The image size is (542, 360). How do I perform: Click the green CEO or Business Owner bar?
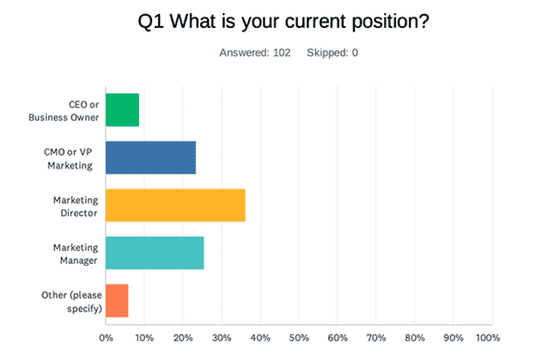point(122,110)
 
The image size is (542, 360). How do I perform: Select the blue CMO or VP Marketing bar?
point(150,157)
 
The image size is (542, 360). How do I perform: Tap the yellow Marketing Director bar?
point(176,205)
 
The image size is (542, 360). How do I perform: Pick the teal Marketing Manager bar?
point(155,253)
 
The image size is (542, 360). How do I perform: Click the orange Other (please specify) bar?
point(117,301)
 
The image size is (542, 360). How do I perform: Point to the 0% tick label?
point(106,338)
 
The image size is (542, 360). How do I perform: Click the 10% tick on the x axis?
point(144,338)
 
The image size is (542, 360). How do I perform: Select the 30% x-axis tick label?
point(221,338)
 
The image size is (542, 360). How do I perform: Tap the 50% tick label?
point(299,338)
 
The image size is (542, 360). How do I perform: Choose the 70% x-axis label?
point(376,338)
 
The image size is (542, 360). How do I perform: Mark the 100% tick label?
point(488,338)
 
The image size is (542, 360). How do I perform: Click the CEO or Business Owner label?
point(64,111)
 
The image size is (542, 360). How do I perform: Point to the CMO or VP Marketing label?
point(68,158)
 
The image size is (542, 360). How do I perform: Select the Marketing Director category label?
point(76,206)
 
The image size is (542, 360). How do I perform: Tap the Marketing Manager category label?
point(76,254)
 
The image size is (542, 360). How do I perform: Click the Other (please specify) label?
point(72,301)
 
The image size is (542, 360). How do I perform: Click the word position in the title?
point(391,22)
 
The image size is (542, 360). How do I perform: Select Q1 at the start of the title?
point(150,22)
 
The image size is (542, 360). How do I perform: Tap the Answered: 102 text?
point(255,52)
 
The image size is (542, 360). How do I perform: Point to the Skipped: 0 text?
point(332,52)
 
